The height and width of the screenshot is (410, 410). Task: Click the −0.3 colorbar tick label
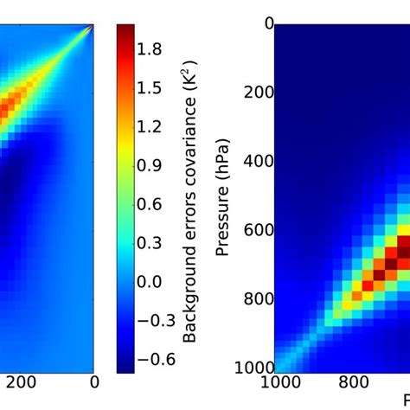tap(153, 320)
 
